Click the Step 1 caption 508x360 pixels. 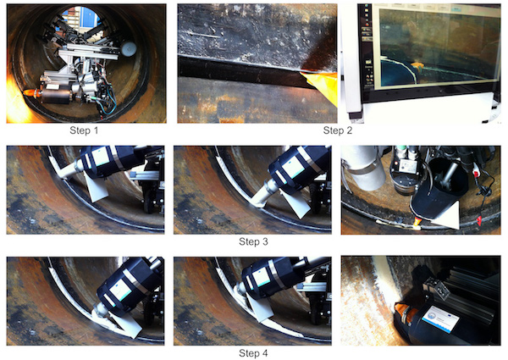(x=84, y=130)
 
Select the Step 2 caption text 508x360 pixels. (x=338, y=130)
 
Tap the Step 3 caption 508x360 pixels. (x=253, y=241)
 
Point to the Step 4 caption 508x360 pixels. (x=253, y=353)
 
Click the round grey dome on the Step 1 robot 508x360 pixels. (x=129, y=48)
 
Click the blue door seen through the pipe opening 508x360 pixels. (x=90, y=16)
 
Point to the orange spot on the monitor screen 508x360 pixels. (x=417, y=66)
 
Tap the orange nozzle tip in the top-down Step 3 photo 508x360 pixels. (x=417, y=222)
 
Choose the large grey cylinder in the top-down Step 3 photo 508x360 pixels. (x=364, y=168)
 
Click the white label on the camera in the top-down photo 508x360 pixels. (x=408, y=165)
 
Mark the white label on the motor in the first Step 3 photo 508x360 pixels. (x=101, y=157)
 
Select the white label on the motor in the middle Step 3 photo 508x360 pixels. (x=292, y=167)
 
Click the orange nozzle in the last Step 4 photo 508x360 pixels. (x=404, y=313)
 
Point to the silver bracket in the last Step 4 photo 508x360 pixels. (x=436, y=287)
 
